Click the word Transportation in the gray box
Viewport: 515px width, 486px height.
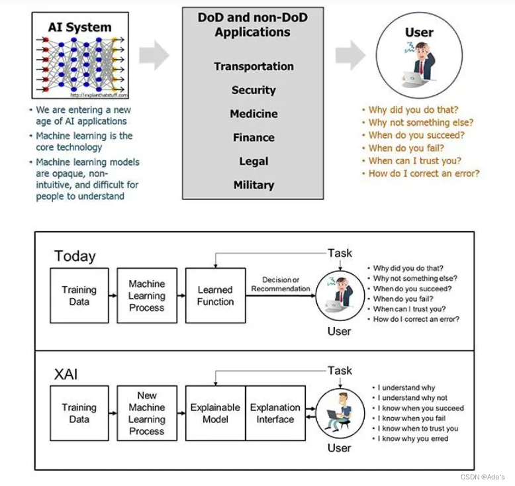point(254,66)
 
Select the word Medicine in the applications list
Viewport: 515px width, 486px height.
point(254,114)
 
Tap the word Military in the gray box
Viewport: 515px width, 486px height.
point(254,185)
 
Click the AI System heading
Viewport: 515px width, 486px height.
point(80,27)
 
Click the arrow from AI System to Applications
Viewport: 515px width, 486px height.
point(154,55)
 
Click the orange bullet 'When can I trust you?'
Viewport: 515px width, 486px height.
point(414,160)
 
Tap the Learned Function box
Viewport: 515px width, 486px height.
point(215,295)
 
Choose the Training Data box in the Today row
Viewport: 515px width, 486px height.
point(79,295)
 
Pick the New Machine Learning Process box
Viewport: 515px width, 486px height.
point(147,413)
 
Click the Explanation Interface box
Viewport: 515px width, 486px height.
point(275,413)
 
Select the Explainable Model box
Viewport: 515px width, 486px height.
point(215,413)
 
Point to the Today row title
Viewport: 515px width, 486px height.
point(75,256)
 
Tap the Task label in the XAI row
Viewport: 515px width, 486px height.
point(340,371)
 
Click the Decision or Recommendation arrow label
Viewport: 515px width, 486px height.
point(281,284)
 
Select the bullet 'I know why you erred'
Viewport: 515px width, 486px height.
point(413,438)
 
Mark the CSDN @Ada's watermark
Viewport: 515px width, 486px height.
point(482,477)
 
